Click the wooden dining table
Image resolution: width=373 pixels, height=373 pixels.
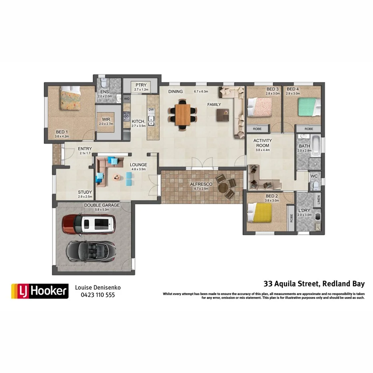[x=183, y=114]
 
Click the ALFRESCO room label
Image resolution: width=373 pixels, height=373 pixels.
[x=201, y=184]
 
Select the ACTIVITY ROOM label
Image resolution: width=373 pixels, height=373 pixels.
[x=263, y=143]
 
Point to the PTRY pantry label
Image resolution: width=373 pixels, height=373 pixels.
[x=141, y=85]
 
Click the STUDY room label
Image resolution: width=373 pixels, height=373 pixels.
[x=85, y=192]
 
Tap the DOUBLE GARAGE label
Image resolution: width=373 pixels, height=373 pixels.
[x=102, y=205]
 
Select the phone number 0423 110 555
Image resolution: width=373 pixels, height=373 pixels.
[x=98, y=295]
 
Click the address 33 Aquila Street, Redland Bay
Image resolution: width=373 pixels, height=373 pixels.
[x=314, y=284]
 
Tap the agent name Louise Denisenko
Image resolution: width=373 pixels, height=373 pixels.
[x=98, y=287]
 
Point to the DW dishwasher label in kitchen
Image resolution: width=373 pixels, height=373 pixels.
[x=151, y=110]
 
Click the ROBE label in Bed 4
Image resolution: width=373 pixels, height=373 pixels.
[x=309, y=129]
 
